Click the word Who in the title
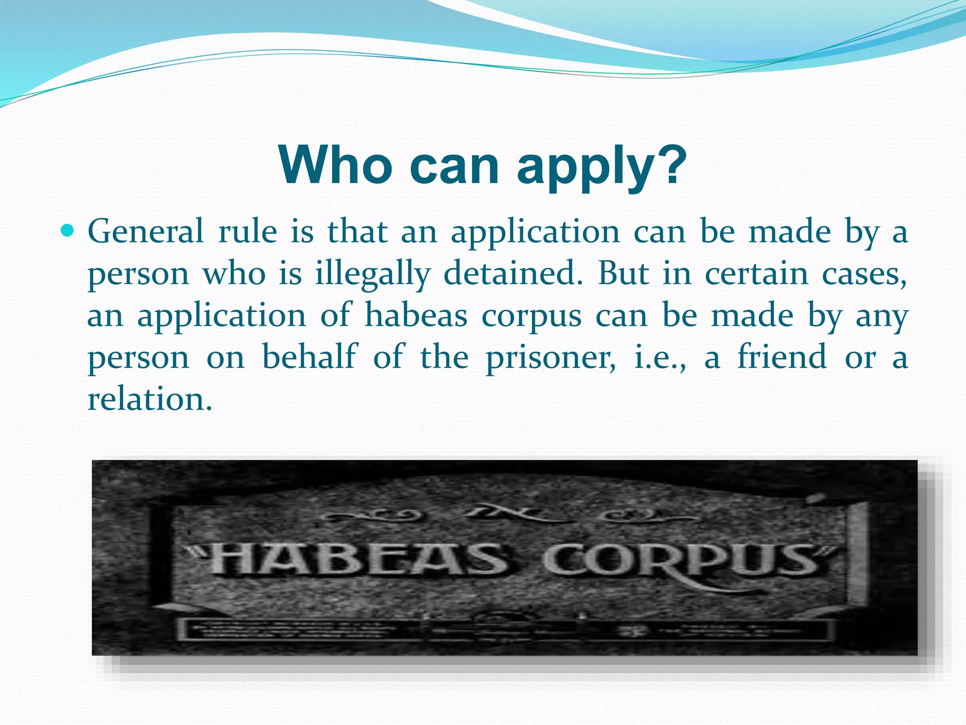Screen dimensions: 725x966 [x=335, y=166]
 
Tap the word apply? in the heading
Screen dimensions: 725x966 [x=601, y=168]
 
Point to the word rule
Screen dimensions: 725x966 [x=248, y=232]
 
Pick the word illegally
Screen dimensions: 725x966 [x=373, y=274]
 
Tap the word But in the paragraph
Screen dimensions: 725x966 [x=623, y=273]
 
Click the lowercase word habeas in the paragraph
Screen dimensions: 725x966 [x=416, y=315]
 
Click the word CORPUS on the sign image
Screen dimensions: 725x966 [x=682, y=562]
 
